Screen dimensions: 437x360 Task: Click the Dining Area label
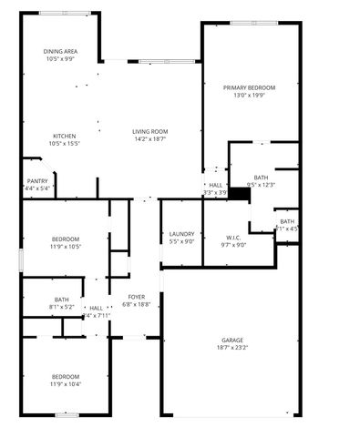point(61,51)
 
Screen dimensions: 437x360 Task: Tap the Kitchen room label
point(63,136)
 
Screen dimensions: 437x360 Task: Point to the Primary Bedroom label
point(249,87)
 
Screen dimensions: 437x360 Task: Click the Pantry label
point(37,181)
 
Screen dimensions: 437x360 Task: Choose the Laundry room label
point(181,234)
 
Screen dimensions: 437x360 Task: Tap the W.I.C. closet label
point(234,235)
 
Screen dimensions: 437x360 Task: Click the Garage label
point(232,339)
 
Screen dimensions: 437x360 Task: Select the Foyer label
point(136,297)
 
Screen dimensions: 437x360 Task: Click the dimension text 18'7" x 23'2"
point(232,347)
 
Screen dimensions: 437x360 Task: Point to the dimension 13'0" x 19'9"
point(249,96)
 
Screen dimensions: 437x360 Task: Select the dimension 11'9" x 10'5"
point(65,247)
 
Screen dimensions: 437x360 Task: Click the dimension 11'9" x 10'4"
point(65,384)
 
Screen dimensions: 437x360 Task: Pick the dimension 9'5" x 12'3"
point(261,185)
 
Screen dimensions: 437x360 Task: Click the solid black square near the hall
point(240,193)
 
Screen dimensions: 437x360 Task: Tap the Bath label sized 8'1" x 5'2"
point(61,300)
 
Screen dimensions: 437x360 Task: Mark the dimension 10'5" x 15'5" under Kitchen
point(63,144)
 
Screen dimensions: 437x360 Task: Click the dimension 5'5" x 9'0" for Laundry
point(181,242)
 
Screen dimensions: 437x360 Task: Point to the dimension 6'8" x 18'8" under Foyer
point(136,305)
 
